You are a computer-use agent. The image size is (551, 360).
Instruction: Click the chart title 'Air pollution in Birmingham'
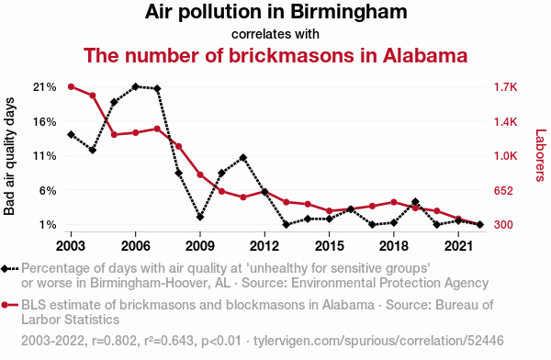(x=275, y=12)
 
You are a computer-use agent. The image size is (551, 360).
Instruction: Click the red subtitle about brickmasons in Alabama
(x=275, y=55)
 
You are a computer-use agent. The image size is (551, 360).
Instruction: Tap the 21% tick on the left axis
(x=45, y=87)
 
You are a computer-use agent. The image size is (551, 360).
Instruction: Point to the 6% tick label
(x=48, y=190)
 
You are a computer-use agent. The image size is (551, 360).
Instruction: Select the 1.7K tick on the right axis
(x=506, y=87)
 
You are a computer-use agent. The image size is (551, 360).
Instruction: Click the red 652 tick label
(x=503, y=190)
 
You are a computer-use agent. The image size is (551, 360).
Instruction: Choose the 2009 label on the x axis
(x=200, y=246)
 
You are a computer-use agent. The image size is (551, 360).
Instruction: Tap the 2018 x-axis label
(x=394, y=246)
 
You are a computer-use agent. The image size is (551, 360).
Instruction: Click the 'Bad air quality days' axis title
(x=9, y=156)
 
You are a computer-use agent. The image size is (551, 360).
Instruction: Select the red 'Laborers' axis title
(x=541, y=155)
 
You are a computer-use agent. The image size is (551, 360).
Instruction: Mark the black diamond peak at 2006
(x=136, y=86)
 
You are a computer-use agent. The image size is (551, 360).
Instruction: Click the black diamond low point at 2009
(x=200, y=217)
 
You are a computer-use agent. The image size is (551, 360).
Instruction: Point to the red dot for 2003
(x=71, y=87)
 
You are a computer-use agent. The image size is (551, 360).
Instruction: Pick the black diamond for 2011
(x=242, y=158)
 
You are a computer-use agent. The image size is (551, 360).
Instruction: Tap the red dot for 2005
(x=114, y=135)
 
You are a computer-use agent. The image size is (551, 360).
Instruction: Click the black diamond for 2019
(x=415, y=202)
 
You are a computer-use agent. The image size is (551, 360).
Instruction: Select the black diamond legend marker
(x=9, y=269)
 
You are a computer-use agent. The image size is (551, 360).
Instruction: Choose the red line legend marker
(x=9, y=305)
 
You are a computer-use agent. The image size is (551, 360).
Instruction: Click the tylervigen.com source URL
(x=378, y=341)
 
